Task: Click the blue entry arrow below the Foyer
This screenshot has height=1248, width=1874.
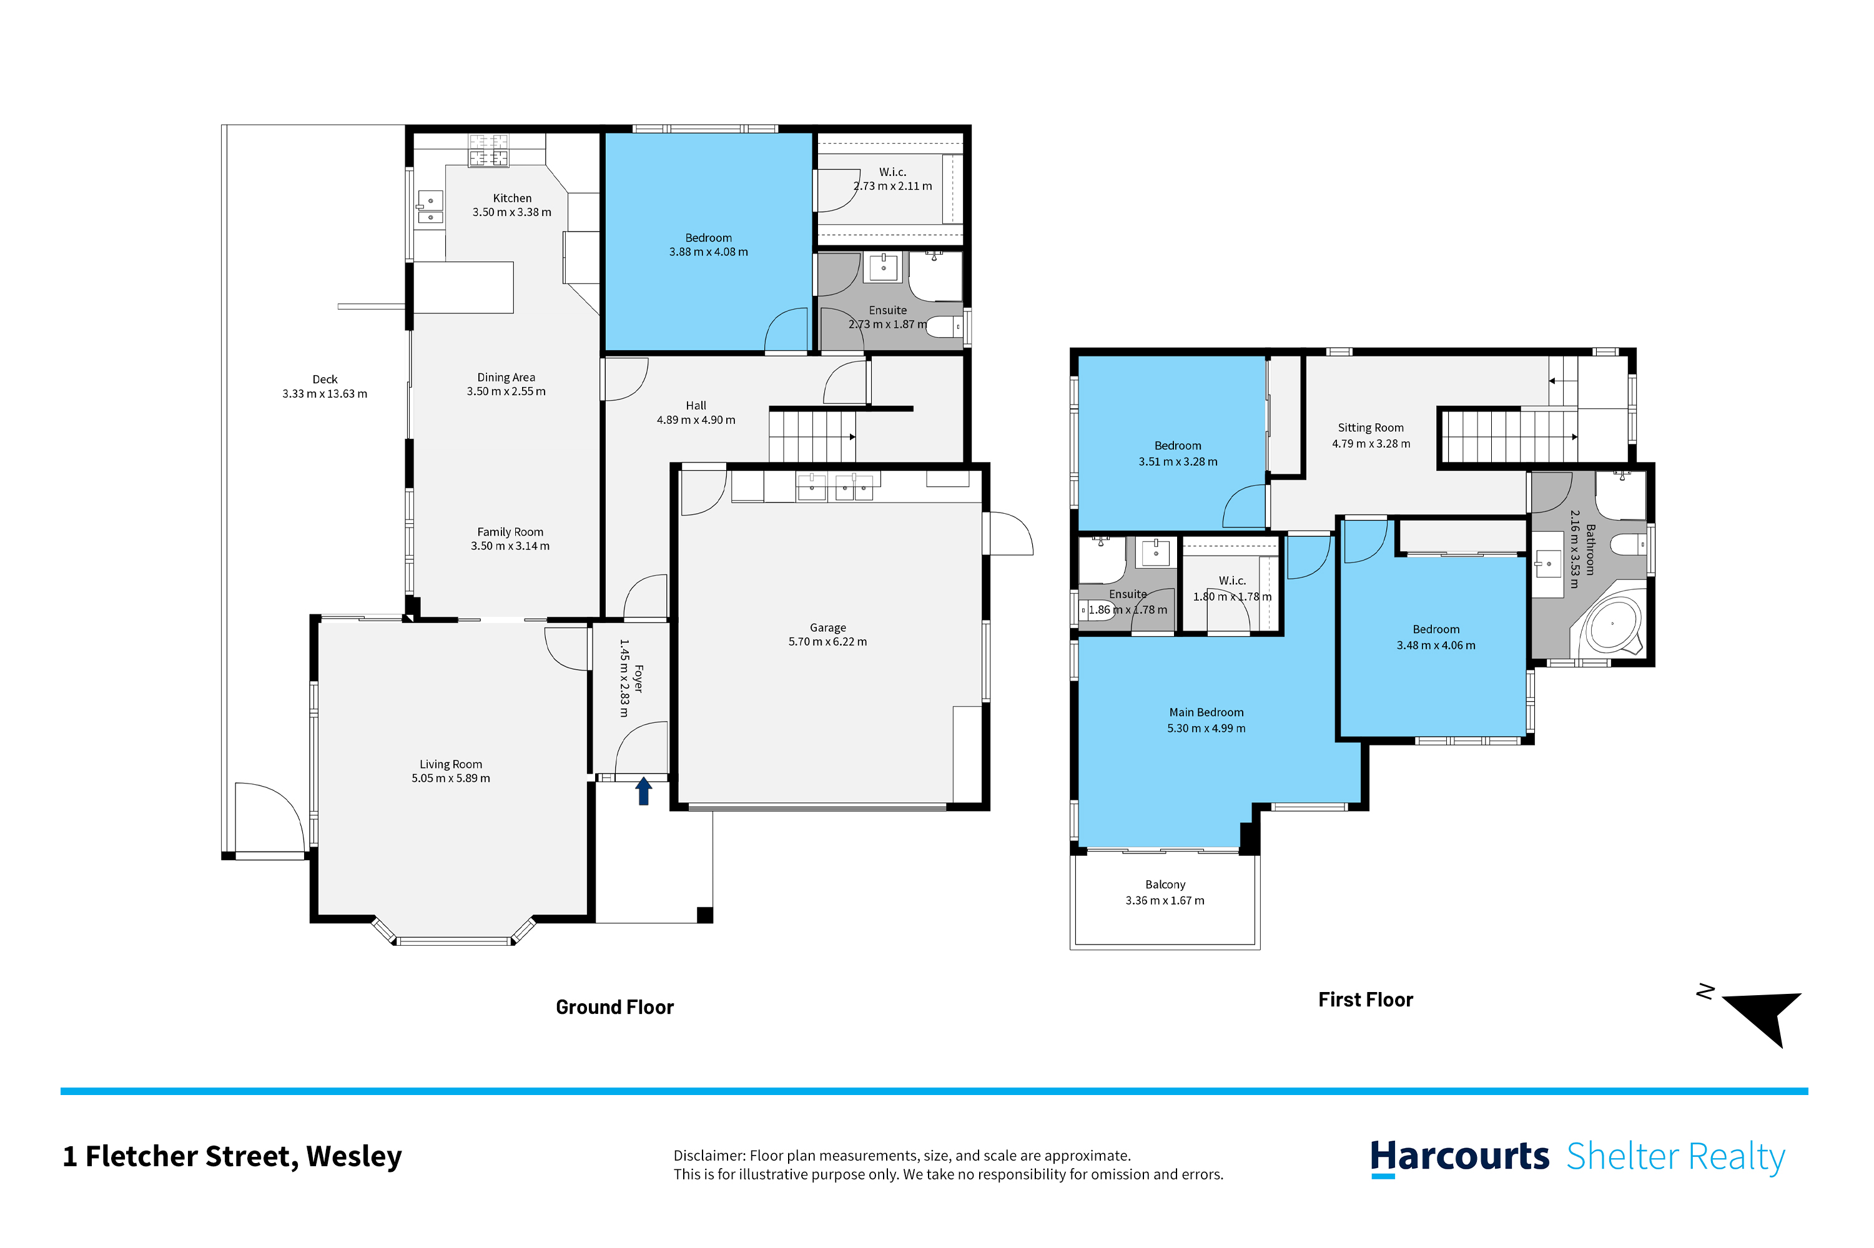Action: point(643,791)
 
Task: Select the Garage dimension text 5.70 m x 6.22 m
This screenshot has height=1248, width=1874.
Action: point(827,642)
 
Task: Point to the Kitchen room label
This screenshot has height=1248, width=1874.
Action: point(512,198)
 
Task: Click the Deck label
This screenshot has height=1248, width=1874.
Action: point(325,380)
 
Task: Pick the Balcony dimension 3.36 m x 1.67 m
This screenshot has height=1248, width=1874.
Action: point(1165,900)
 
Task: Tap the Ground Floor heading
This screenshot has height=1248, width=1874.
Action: point(614,1007)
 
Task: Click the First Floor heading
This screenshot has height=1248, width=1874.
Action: point(1365,1000)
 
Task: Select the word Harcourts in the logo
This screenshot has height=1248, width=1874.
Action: point(1459,1156)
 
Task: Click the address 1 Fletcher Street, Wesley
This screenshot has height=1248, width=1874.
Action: point(232,1156)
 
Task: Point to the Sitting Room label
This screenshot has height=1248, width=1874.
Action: point(1371,428)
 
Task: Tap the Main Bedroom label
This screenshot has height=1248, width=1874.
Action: point(1206,712)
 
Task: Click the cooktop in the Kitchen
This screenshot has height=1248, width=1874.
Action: point(488,150)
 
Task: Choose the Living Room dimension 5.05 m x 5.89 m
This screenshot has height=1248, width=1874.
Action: point(451,779)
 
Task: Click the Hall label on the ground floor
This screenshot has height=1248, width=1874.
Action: point(696,406)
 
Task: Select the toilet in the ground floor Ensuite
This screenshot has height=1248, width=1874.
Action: point(944,327)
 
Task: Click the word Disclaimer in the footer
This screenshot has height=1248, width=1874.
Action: point(709,1156)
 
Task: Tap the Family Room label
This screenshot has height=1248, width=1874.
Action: point(510,532)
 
